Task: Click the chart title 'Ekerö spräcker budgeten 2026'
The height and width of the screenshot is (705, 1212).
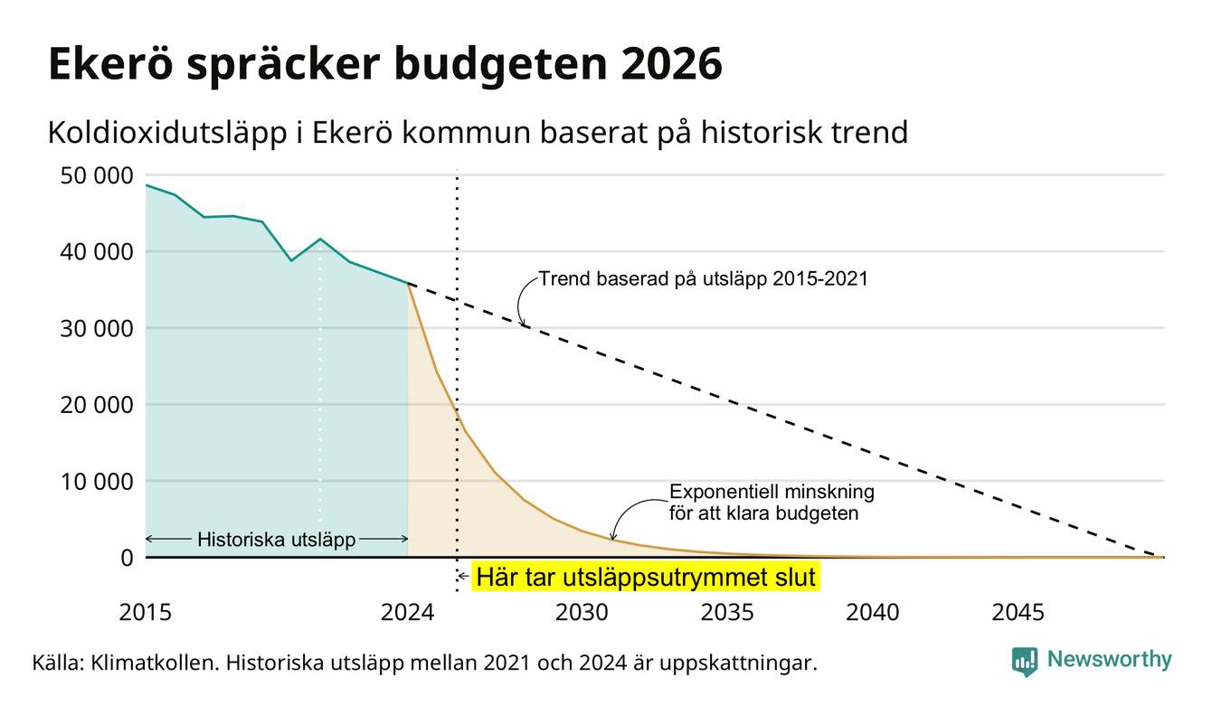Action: point(385,64)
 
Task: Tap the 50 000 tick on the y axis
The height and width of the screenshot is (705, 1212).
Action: point(96,176)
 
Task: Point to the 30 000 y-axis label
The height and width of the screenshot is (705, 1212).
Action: point(96,329)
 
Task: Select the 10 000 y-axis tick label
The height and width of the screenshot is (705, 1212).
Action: point(96,482)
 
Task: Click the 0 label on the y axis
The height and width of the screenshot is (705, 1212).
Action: point(128,558)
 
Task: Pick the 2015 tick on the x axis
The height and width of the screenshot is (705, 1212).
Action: point(146,613)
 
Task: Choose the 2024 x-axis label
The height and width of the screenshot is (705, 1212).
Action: point(407,613)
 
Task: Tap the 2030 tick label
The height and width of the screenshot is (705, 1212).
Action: point(582,613)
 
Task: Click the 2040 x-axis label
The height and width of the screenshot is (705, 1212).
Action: point(873,613)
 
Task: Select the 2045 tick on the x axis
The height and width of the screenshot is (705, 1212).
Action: point(1018,613)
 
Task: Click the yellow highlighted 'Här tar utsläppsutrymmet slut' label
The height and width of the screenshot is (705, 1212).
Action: point(646,577)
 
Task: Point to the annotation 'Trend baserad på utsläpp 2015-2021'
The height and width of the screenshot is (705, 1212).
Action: point(704,279)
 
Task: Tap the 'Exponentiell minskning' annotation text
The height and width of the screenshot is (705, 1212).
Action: point(772,492)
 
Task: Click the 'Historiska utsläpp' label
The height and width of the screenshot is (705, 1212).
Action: point(277,540)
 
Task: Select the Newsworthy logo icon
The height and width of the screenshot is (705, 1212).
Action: point(1025,662)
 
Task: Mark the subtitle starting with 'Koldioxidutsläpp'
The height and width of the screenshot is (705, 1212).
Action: point(478,133)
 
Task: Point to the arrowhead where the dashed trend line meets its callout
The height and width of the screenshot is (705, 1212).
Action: point(523,324)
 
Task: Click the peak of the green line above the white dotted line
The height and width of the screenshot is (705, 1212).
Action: point(320,239)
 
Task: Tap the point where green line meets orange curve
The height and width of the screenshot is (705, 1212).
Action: point(408,283)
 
